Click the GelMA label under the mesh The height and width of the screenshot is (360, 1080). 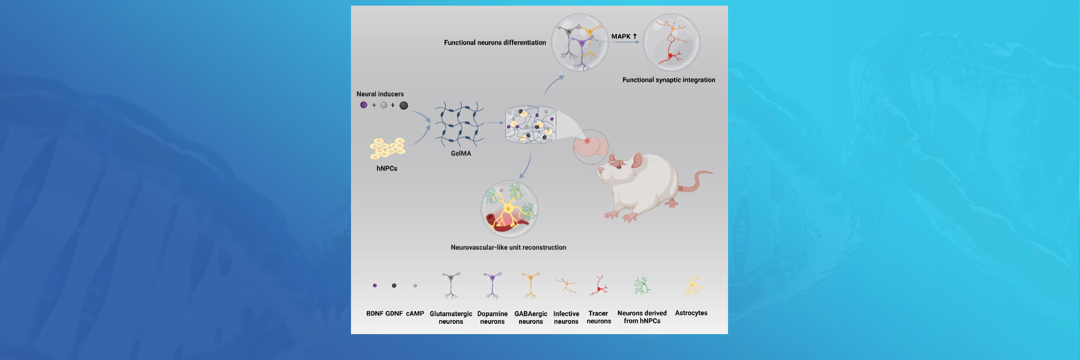pyautogui.click(x=461, y=154)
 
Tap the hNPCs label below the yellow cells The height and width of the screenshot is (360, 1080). pyautogui.click(x=387, y=169)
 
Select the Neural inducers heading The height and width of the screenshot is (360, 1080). pyautogui.click(x=380, y=94)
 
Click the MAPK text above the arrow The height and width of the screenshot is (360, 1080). pyautogui.click(x=621, y=37)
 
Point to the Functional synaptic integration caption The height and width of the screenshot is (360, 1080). pyautogui.click(x=669, y=80)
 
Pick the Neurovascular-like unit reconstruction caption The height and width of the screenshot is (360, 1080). pyautogui.click(x=508, y=247)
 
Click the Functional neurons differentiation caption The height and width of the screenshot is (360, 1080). pyautogui.click(x=495, y=43)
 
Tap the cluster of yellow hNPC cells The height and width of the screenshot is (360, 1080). pyautogui.click(x=388, y=148)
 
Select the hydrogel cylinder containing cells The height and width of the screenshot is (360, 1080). pyautogui.click(x=530, y=124)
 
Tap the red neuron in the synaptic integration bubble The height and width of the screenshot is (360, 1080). pyautogui.click(x=670, y=55)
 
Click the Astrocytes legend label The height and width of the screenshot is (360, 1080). pyautogui.click(x=691, y=313)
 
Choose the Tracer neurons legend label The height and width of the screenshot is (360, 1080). pyautogui.click(x=598, y=317)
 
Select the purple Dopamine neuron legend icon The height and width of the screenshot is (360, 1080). pyautogui.click(x=492, y=285)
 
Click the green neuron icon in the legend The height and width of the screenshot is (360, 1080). pyautogui.click(x=642, y=286)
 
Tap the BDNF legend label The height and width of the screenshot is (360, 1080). pyautogui.click(x=375, y=314)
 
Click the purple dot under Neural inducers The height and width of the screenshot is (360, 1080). pyautogui.click(x=364, y=105)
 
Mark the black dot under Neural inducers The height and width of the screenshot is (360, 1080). pyautogui.click(x=403, y=105)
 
